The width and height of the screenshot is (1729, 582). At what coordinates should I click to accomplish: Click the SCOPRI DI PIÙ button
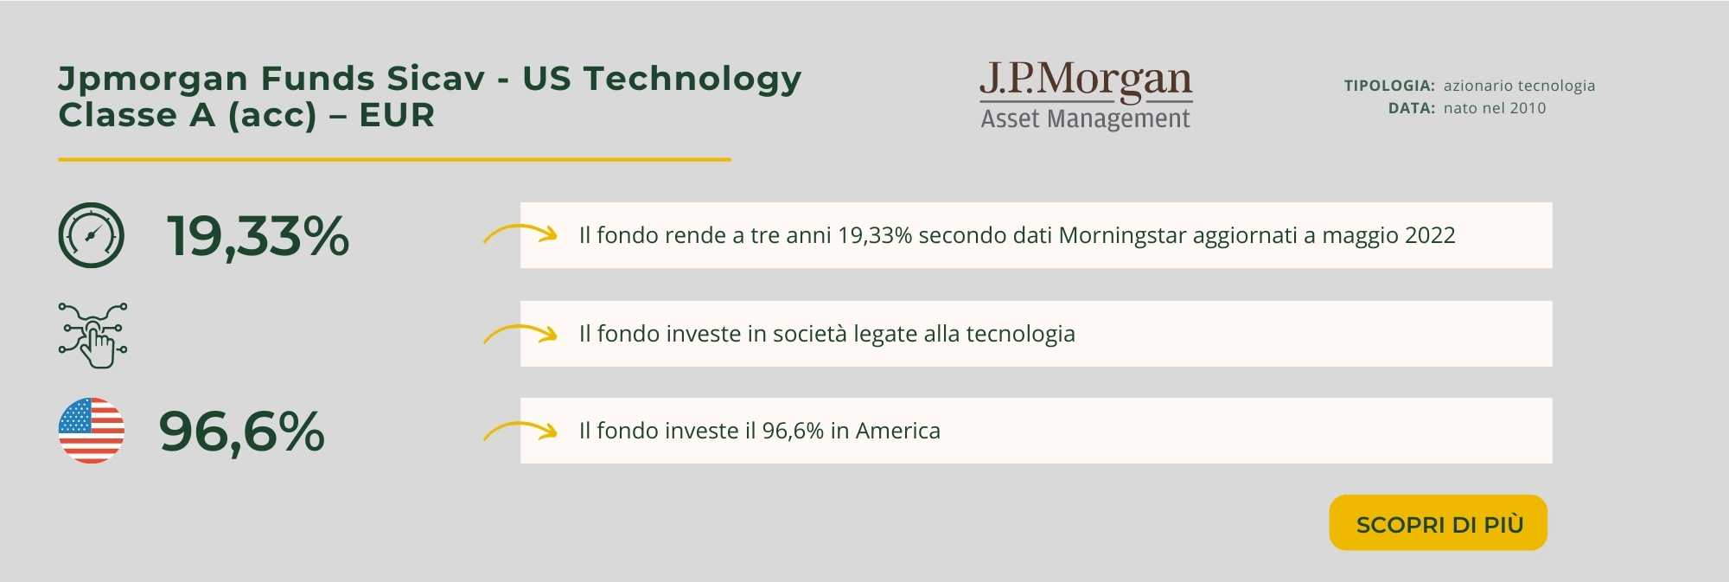(1438, 522)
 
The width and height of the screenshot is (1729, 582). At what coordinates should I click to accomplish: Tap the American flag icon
(92, 431)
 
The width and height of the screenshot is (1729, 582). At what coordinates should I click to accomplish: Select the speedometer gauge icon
(92, 235)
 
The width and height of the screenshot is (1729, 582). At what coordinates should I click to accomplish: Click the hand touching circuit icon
(93, 335)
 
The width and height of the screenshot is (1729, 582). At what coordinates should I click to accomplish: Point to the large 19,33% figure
(258, 236)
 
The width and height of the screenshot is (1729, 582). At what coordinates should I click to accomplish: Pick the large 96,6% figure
(242, 432)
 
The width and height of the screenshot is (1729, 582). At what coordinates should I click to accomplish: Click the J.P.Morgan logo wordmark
(1086, 80)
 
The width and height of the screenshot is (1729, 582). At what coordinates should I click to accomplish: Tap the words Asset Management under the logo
(1086, 118)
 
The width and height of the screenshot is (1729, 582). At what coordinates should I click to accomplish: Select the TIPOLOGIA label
(1389, 86)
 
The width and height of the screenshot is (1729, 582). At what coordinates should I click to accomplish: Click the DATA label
(1412, 108)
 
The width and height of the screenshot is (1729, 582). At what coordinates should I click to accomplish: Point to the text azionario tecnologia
(1519, 86)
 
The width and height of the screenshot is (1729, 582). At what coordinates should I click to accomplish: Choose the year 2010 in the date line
(1528, 108)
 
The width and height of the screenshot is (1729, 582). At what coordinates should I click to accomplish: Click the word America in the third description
(897, 431)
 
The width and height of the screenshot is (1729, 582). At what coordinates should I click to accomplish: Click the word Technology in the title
(692, 80)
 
